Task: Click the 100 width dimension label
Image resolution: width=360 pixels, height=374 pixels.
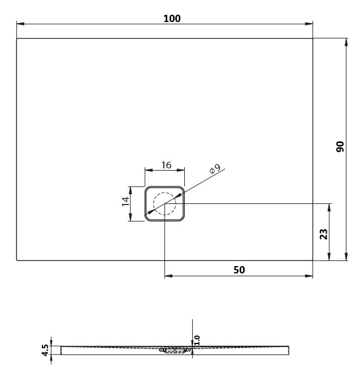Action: point(172,19)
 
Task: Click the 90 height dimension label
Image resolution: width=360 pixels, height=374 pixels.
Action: point(340,146)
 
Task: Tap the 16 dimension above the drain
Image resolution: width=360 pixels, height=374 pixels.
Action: point(166,165)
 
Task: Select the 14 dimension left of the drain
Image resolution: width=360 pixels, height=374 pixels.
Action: point(125,201)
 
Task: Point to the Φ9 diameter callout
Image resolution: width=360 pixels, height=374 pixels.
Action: point(215,169)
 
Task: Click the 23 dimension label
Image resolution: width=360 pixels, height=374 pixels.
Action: point(323,234)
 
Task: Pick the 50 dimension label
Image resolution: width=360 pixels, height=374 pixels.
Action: point(239,270)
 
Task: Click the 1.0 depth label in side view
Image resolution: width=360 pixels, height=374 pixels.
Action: point(197,340)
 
